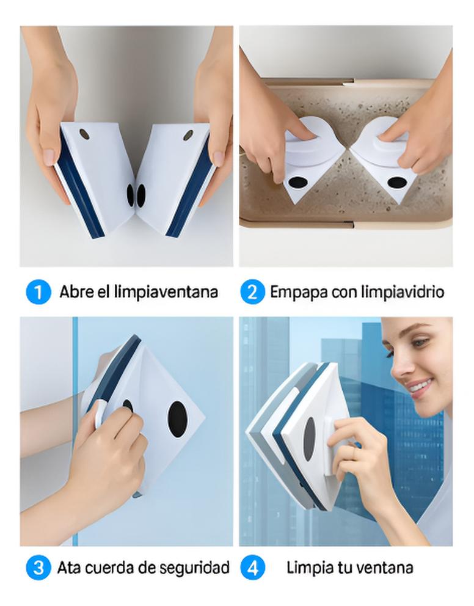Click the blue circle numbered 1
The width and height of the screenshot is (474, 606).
38,292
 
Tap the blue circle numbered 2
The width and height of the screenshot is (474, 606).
252,292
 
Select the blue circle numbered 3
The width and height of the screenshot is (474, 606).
38,568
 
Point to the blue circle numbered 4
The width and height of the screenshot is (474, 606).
252,568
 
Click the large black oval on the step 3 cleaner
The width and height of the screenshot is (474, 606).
177,419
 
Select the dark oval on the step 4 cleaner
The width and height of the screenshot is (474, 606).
310,439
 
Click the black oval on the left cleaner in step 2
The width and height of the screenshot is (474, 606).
297,181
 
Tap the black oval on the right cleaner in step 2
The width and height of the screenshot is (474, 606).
397,182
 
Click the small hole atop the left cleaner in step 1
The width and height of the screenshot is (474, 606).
84,134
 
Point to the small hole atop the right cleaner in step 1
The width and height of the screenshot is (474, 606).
188,135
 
